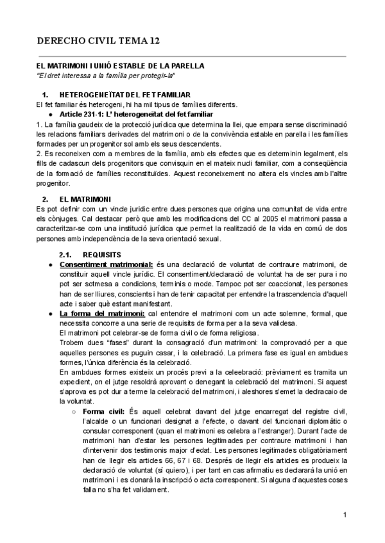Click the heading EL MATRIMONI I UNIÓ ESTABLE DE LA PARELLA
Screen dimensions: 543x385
(121, 66)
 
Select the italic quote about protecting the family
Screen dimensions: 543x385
(107, 76)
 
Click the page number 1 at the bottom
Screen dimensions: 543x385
(345, 514)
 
